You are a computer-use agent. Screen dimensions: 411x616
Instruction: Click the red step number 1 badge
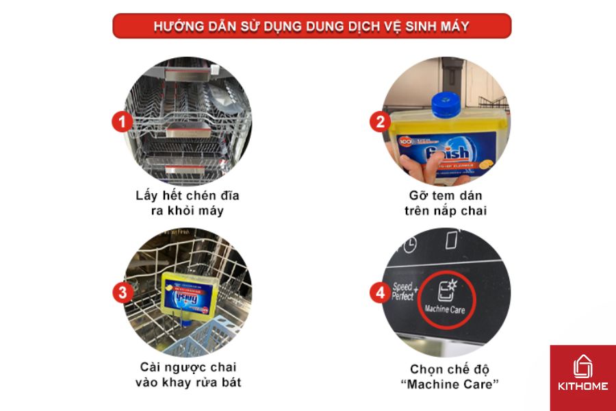point(122,123)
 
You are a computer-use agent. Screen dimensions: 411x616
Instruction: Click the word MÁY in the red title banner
point(452,26)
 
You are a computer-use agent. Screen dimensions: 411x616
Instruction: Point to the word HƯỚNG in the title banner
point(175,26)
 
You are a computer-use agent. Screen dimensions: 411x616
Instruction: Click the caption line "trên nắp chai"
point(445,211)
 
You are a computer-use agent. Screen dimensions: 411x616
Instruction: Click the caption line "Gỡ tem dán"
point(445,196)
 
